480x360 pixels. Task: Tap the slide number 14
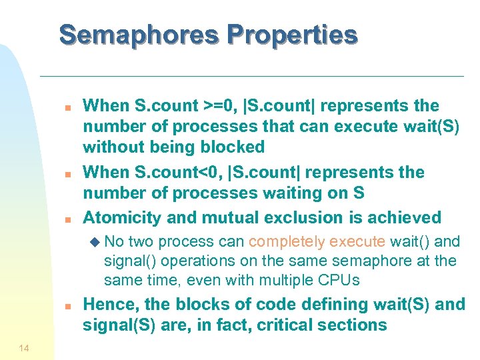pyautogui.click(x=24, y=347)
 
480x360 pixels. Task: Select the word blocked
pyautogui.click(x=231, y=147)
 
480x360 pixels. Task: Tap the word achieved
pyautogui.click(x=402, y=217)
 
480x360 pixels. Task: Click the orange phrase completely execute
pyautogui.click(x=317, y=241)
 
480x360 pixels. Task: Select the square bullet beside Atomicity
pyautogui.click(x=67, y=219)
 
